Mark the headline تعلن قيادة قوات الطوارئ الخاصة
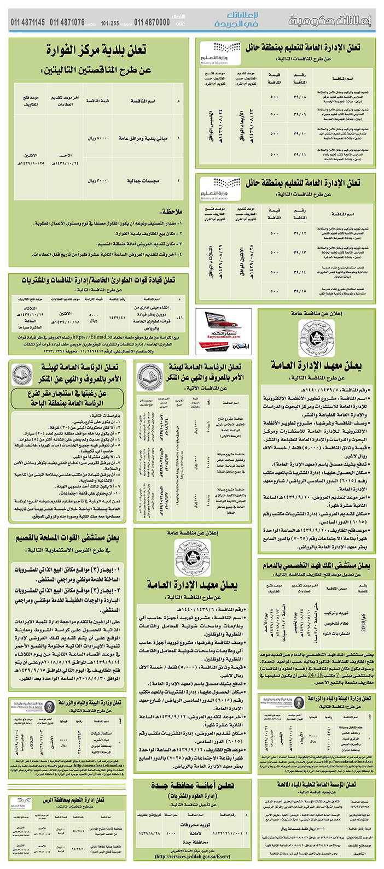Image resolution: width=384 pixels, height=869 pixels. pos(99,280)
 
